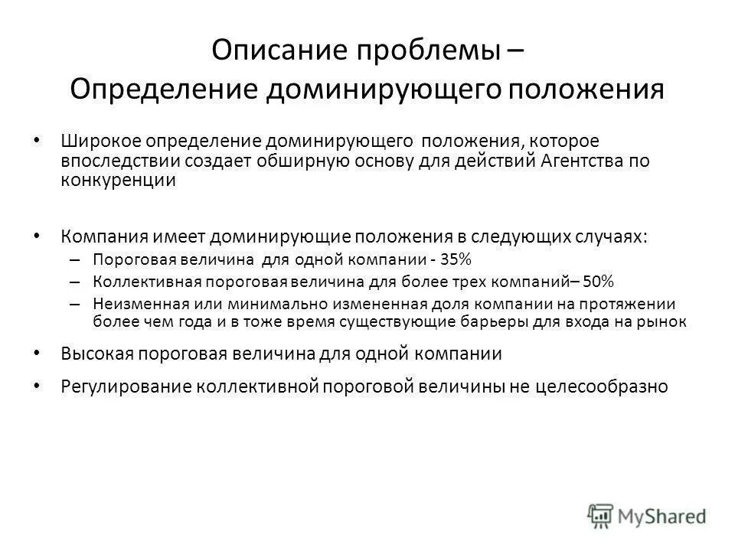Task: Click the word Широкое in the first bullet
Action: (x=94, y=142)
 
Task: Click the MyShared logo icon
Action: (x=601, y=514)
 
